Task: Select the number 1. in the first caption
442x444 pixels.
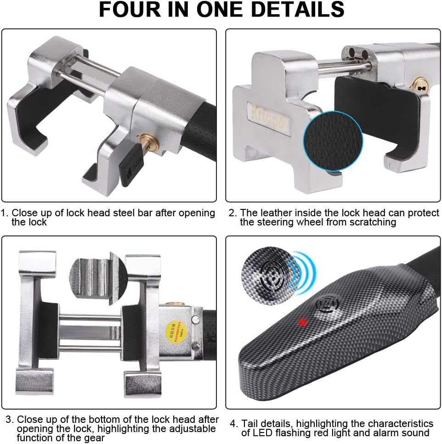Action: coord(5,213)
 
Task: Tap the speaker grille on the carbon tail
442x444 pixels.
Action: coord(328,303)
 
